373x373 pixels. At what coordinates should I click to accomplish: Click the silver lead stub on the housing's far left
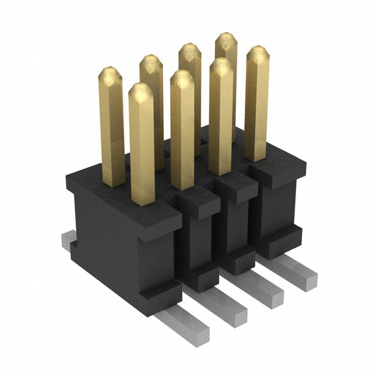68,240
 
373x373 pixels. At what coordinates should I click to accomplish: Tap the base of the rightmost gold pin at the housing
256,159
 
